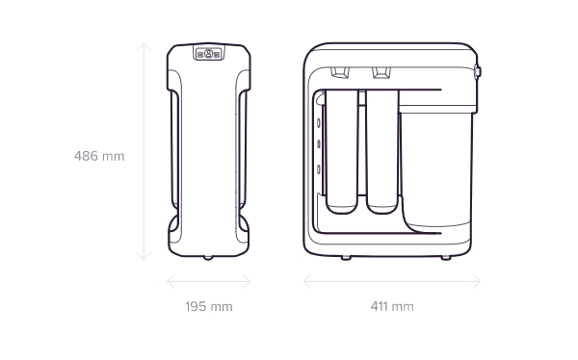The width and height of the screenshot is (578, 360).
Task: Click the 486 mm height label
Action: [99, 156]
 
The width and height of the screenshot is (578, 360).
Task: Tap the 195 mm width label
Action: [209, 306]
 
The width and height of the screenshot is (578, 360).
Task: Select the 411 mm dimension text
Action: [392, 306]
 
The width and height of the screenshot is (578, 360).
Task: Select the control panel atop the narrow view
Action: [209, 54]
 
